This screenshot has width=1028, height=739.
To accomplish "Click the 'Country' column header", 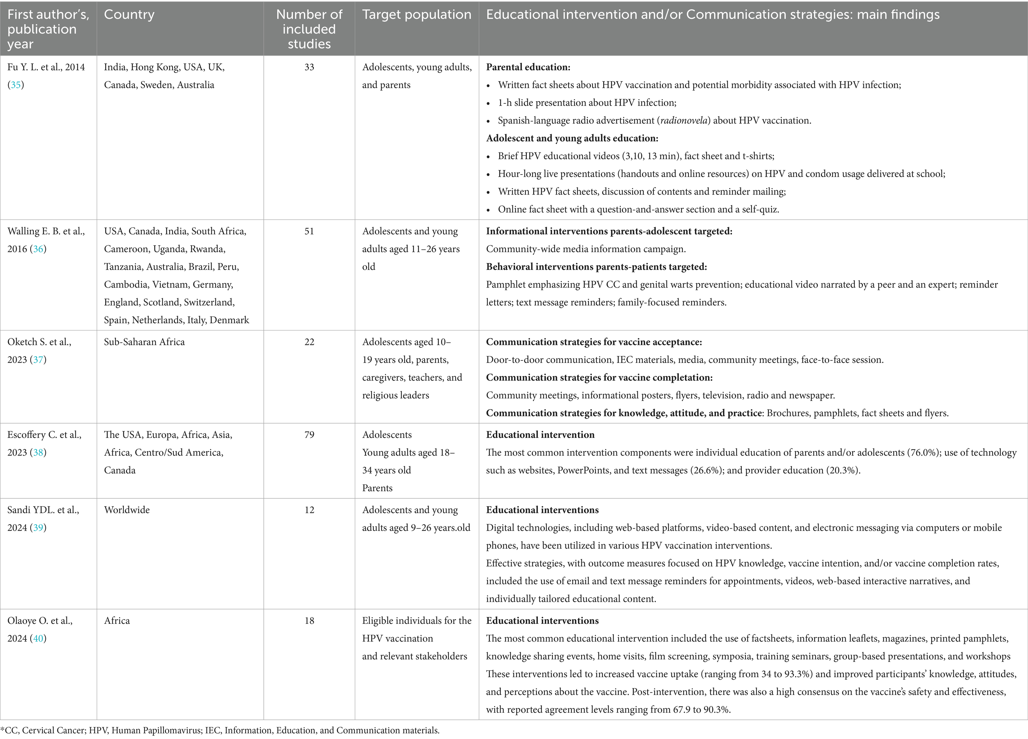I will [129, 15].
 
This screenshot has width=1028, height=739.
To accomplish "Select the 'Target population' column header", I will [417, 15].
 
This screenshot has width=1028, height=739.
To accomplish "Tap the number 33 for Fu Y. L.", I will [309, 67].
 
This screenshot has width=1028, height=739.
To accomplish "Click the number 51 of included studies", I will [309, 231].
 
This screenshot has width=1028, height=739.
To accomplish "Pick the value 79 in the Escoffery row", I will [309, 435].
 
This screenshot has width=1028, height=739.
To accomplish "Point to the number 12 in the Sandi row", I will [309, 510].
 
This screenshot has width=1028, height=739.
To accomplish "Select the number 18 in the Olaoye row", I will [309, 621].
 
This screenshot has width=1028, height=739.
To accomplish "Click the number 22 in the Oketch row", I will [309, 342].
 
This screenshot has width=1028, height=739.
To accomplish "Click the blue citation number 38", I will [38, 452].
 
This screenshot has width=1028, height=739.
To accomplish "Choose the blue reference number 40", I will [38, 638].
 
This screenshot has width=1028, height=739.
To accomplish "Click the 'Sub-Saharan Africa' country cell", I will [144, 342].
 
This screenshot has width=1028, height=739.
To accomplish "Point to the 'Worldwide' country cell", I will [127, 510].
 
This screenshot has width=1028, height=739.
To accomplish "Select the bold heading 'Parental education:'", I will [528, 67].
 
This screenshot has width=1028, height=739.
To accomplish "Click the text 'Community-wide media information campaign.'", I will [585, 249].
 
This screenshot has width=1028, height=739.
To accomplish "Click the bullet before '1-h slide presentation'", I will [488, 103].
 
